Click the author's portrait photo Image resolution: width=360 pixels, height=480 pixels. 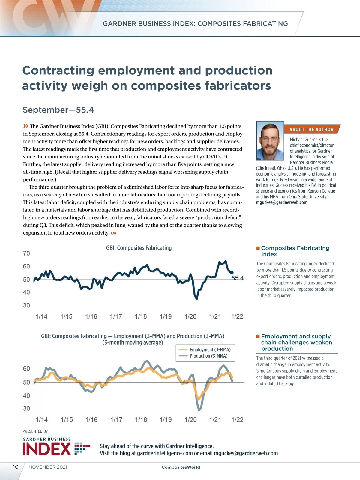[270, 141]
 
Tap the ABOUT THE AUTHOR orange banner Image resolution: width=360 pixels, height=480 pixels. [311, 129]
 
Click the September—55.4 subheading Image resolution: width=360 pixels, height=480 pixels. [58, 110]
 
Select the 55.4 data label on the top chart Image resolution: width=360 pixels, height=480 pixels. [238, 278]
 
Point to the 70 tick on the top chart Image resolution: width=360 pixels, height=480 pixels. [26, 253]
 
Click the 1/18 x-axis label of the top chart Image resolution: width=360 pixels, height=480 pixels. [141, 316]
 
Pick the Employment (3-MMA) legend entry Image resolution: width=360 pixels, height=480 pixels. [210, 349]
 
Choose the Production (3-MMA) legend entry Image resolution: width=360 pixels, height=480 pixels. [208, 356]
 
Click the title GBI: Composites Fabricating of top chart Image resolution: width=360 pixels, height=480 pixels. [139, 248]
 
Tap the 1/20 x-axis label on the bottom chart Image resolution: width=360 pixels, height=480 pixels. [190, 420]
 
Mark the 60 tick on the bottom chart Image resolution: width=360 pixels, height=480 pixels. [26, 368]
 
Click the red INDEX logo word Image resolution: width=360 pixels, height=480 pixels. [47, 449]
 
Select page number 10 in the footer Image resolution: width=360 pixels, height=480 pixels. [16, 467]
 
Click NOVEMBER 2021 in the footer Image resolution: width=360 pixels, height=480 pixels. [48, 467]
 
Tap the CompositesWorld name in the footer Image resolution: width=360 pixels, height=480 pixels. [181, 467]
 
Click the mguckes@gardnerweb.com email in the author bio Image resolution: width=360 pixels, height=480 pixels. [282, 202]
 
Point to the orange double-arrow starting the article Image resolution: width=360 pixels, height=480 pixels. [26, 126]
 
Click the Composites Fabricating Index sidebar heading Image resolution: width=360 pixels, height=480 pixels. [295, 251]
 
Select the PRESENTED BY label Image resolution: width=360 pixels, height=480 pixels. [35, 431]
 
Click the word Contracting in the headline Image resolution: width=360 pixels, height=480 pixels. [58, 70]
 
